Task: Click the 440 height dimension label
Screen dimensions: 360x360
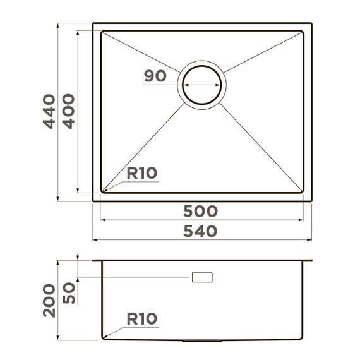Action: tap(49, 111)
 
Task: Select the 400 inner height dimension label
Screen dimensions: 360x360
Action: tap(69, 111)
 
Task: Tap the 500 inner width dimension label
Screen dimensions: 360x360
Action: tap(200, 211)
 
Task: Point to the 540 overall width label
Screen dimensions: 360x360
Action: tap(200, 231)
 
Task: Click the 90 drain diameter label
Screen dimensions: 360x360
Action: tap(155, 76)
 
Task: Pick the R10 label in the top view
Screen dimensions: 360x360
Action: tap(142, 173)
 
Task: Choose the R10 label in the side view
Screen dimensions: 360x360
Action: tap(142, 319)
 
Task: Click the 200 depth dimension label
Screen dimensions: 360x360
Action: tap(49, 301)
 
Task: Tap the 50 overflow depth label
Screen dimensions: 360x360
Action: tap(69, 293)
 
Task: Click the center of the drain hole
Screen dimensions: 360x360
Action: tap(202, 85)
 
